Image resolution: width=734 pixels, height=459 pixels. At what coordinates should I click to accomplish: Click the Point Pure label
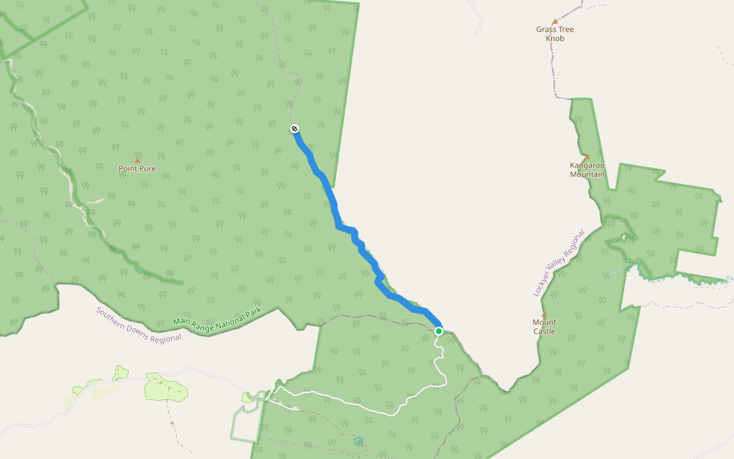138,168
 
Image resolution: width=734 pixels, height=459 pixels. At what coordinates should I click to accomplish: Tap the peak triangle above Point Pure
138,161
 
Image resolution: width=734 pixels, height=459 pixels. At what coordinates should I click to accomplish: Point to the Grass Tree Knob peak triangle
555,22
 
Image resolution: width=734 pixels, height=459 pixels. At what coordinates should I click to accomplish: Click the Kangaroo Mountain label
587,169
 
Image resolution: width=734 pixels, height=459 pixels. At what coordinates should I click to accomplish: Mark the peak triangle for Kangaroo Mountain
587,157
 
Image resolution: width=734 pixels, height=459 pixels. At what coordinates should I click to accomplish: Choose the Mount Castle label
544,327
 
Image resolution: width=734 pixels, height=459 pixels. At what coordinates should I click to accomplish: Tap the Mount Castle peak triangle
544,315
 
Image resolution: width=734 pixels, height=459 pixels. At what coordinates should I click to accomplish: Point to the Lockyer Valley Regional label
559,264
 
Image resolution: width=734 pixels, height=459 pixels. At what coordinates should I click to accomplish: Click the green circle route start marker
439,331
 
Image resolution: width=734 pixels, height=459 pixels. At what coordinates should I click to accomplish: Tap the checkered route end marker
294,129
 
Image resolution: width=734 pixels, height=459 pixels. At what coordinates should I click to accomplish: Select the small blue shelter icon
358,441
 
